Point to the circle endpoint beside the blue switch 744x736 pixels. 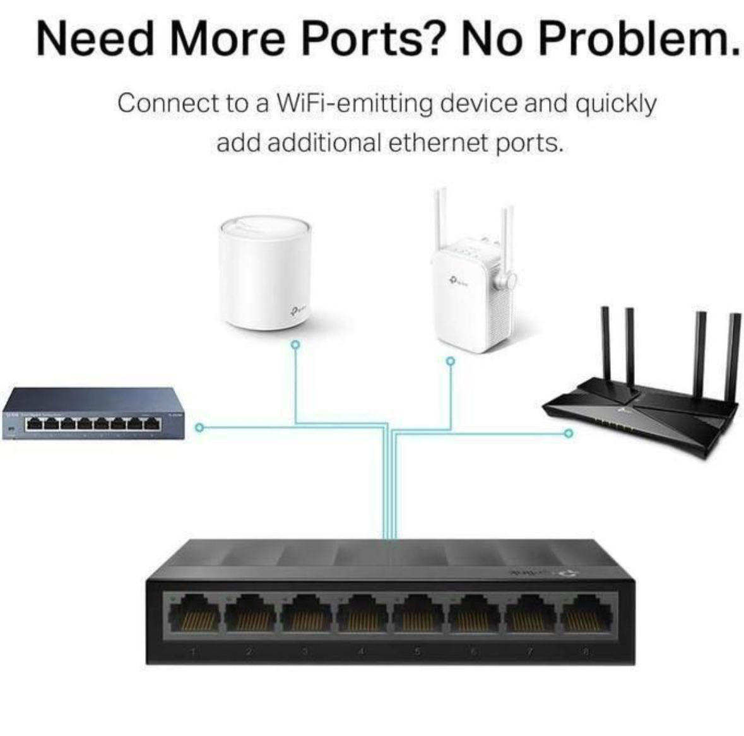(x=198, y=428)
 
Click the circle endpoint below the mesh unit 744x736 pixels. (x=295, y=345)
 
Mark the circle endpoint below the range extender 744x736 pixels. (x=450, y=362)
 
